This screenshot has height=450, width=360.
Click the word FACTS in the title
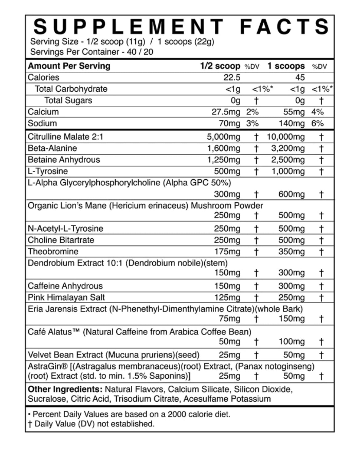click(285, 26)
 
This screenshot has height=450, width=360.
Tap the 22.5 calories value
click(232, 78)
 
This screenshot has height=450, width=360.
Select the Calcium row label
click(43, 112)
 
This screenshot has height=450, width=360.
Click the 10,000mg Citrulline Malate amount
click(286, 137)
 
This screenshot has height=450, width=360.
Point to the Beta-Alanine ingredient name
click(52, 148)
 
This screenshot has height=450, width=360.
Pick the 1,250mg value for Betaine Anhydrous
click(224, 160)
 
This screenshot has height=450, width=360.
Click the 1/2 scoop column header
click(220, 66)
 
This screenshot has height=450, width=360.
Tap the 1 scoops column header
click(286, 66)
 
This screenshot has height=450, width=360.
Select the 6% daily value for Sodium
click(317, 123)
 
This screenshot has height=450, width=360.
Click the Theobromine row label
click(53, 252)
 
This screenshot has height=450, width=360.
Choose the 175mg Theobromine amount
click(227, 252)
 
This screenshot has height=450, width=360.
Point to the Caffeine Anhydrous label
click(65, 286)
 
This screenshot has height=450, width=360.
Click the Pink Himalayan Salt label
click(66, 297)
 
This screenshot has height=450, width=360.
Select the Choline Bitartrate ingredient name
click(61, 240)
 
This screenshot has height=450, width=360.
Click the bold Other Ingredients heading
click(65, 389)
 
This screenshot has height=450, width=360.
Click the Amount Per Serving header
click(69, 66)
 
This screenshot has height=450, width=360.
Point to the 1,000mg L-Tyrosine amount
click(288, 171)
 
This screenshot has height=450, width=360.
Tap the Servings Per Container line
click(91, 52)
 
